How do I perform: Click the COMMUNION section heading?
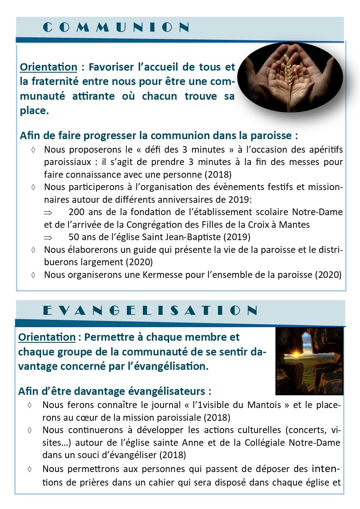point(116,28)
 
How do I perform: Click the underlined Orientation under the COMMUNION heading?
point(48,66)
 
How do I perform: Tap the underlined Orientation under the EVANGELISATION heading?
point(47,337)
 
